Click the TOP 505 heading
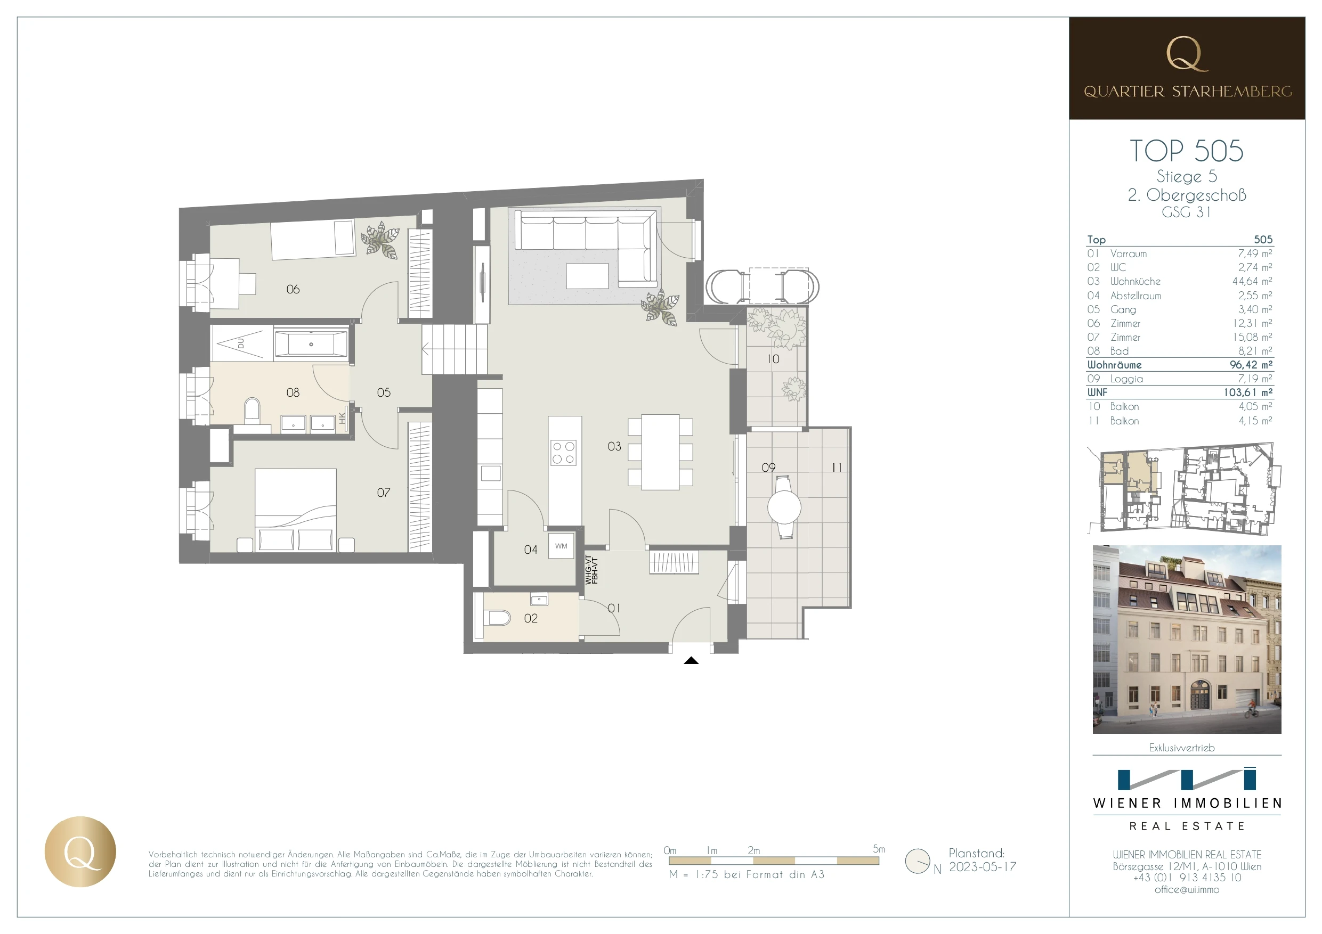pos(1186,151)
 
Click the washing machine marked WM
pos(562,546)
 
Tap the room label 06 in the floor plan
pos(293,290)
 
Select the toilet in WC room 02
pos(499,619)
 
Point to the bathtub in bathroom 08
pos(311,344)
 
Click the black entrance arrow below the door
pos(691,661)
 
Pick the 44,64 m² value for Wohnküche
pos(1252,281)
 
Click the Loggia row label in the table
pos(1126,379)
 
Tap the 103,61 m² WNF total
pos(1248,392)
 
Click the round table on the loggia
pos(784,507)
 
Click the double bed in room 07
pos(295,511)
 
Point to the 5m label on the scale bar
pos(879,849)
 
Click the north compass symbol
pos(917,861)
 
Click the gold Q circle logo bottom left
pos(80,851)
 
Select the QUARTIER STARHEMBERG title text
pos(1187,92)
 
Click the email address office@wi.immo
pos(1187,890)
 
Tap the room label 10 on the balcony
pos(773,359)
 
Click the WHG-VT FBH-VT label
pos(591,570)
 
